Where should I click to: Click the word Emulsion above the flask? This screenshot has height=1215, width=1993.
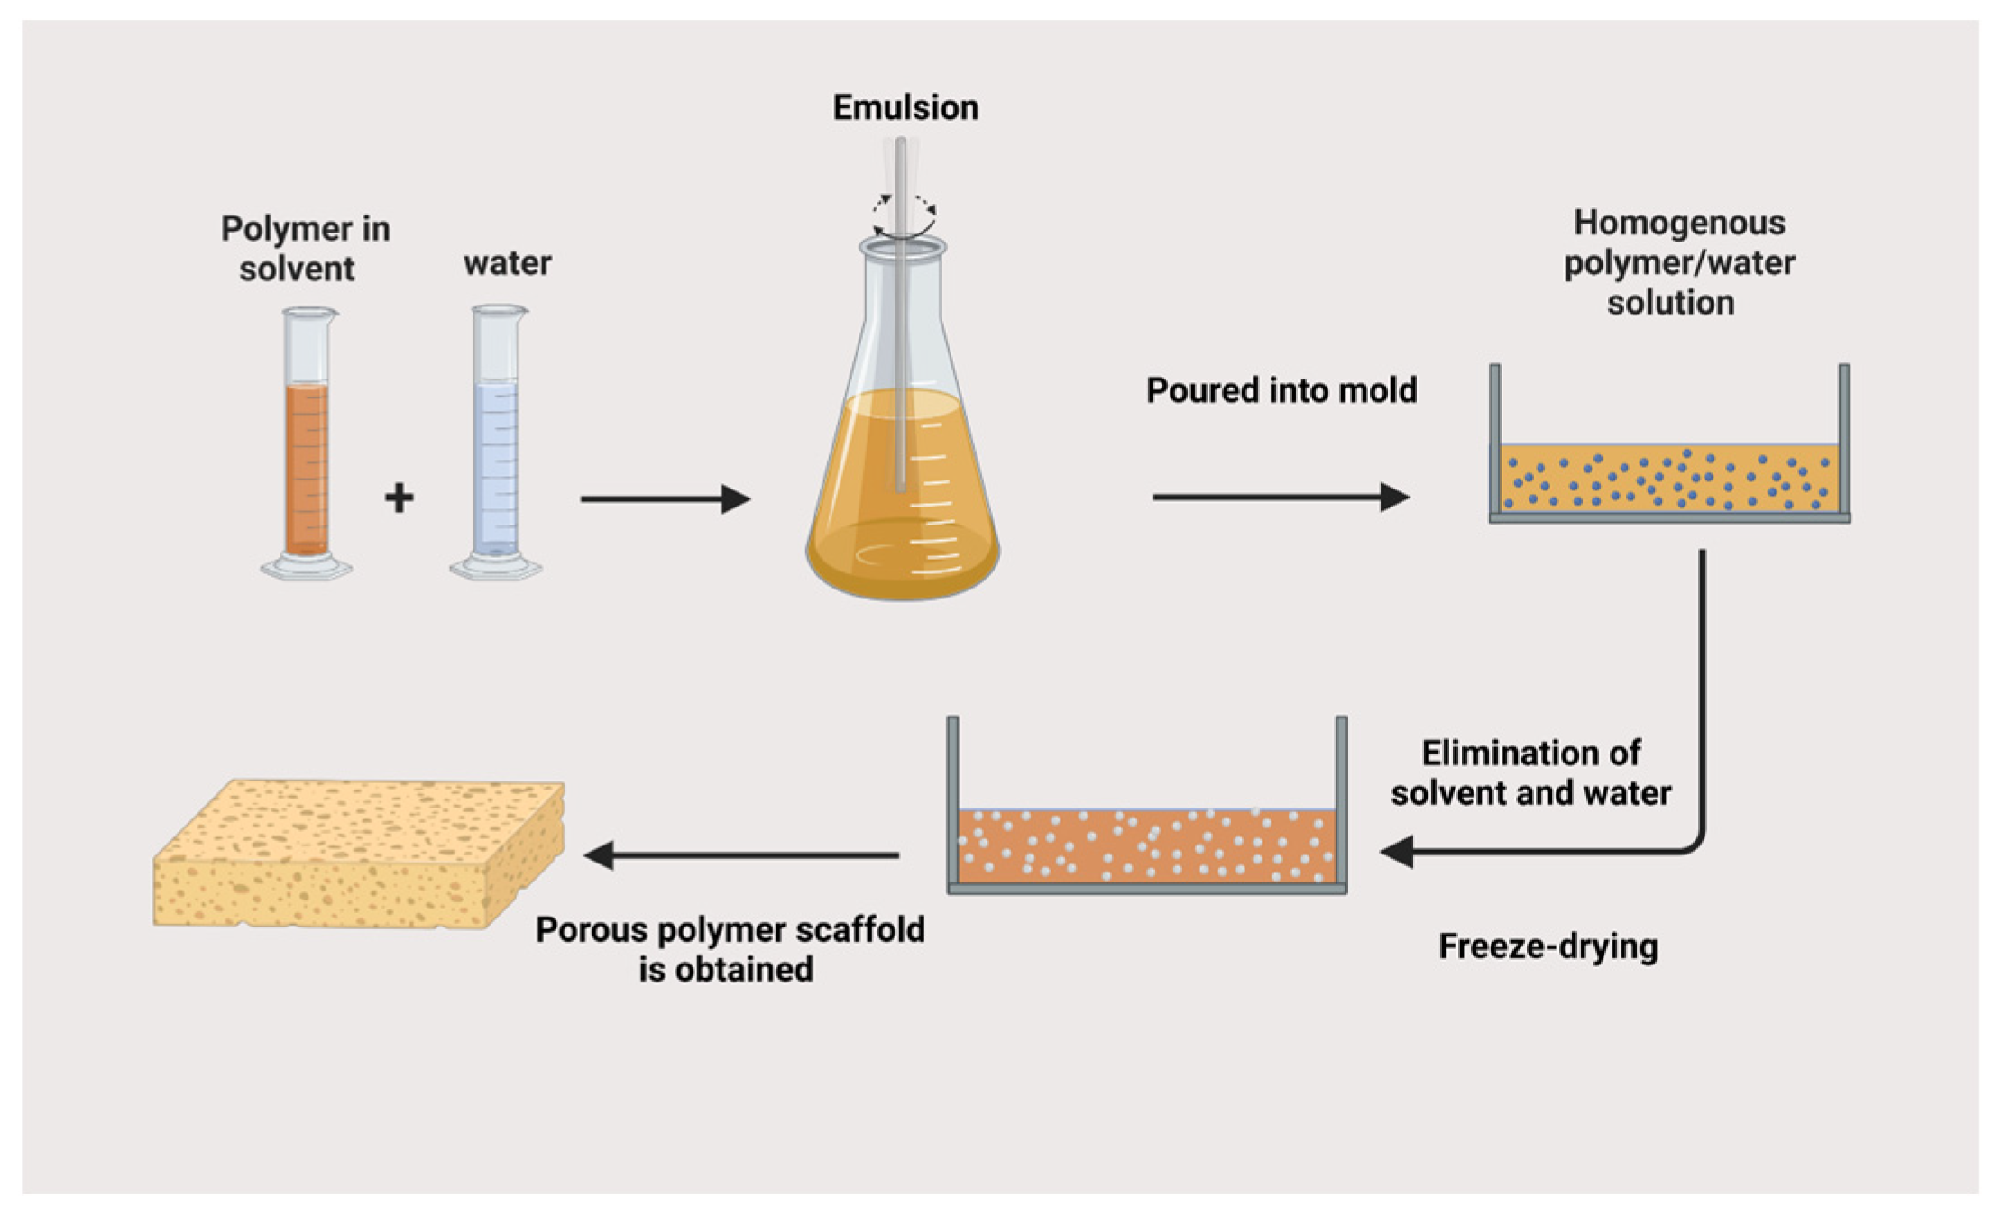[x=905, y=108]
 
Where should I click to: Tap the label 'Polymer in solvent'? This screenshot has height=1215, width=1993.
[x=304, y=249]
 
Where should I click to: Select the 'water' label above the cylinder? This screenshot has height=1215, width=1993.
[x=507, y=263]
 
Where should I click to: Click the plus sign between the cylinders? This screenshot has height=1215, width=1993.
[x=400, y=498]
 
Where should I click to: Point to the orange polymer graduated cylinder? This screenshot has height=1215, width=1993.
[x=307, y=451]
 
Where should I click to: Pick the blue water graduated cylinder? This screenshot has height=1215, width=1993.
[x=496, y=451]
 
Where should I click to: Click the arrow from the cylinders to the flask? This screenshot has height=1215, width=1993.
[x=666, y=498]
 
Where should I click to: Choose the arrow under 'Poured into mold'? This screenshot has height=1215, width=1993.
[x=1281, y=497]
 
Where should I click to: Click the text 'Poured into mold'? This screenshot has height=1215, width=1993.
[x=1281, y=390]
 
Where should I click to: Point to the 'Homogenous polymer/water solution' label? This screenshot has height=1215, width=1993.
[x=1677, y=262]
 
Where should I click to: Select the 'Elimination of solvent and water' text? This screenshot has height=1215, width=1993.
[x=1530, y=772]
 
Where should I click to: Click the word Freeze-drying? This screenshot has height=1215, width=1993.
[x=1548, y=946]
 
